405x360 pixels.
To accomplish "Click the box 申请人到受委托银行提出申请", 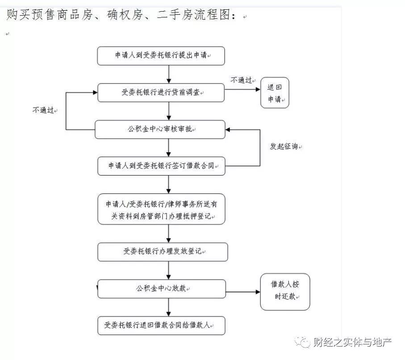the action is point(161,56).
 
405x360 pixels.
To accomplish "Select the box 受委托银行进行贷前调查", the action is point(161,92).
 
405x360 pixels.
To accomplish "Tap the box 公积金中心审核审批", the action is point(160,130).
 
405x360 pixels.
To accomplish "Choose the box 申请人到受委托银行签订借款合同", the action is point(162,166).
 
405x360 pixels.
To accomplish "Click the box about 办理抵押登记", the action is point(162,209).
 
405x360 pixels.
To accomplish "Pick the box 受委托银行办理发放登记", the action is point(163,252).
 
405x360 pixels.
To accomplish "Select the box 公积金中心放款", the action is point(162,289).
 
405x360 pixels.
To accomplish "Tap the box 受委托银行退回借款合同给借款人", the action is point(162,326).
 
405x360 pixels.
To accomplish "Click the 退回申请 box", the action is point(275,92).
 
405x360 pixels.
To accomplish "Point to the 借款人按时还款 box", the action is point(285,292).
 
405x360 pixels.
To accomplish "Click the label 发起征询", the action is point(284,146).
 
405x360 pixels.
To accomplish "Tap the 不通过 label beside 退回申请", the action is point(241,80).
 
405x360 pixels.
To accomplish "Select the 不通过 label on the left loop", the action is point(43,110).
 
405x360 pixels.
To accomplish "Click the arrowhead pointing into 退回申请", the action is point(258,89).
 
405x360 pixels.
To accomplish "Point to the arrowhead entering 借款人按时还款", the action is point(258,292).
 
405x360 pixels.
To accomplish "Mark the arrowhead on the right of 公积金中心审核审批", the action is point(228,130).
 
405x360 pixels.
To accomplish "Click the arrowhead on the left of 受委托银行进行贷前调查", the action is point(95,92).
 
